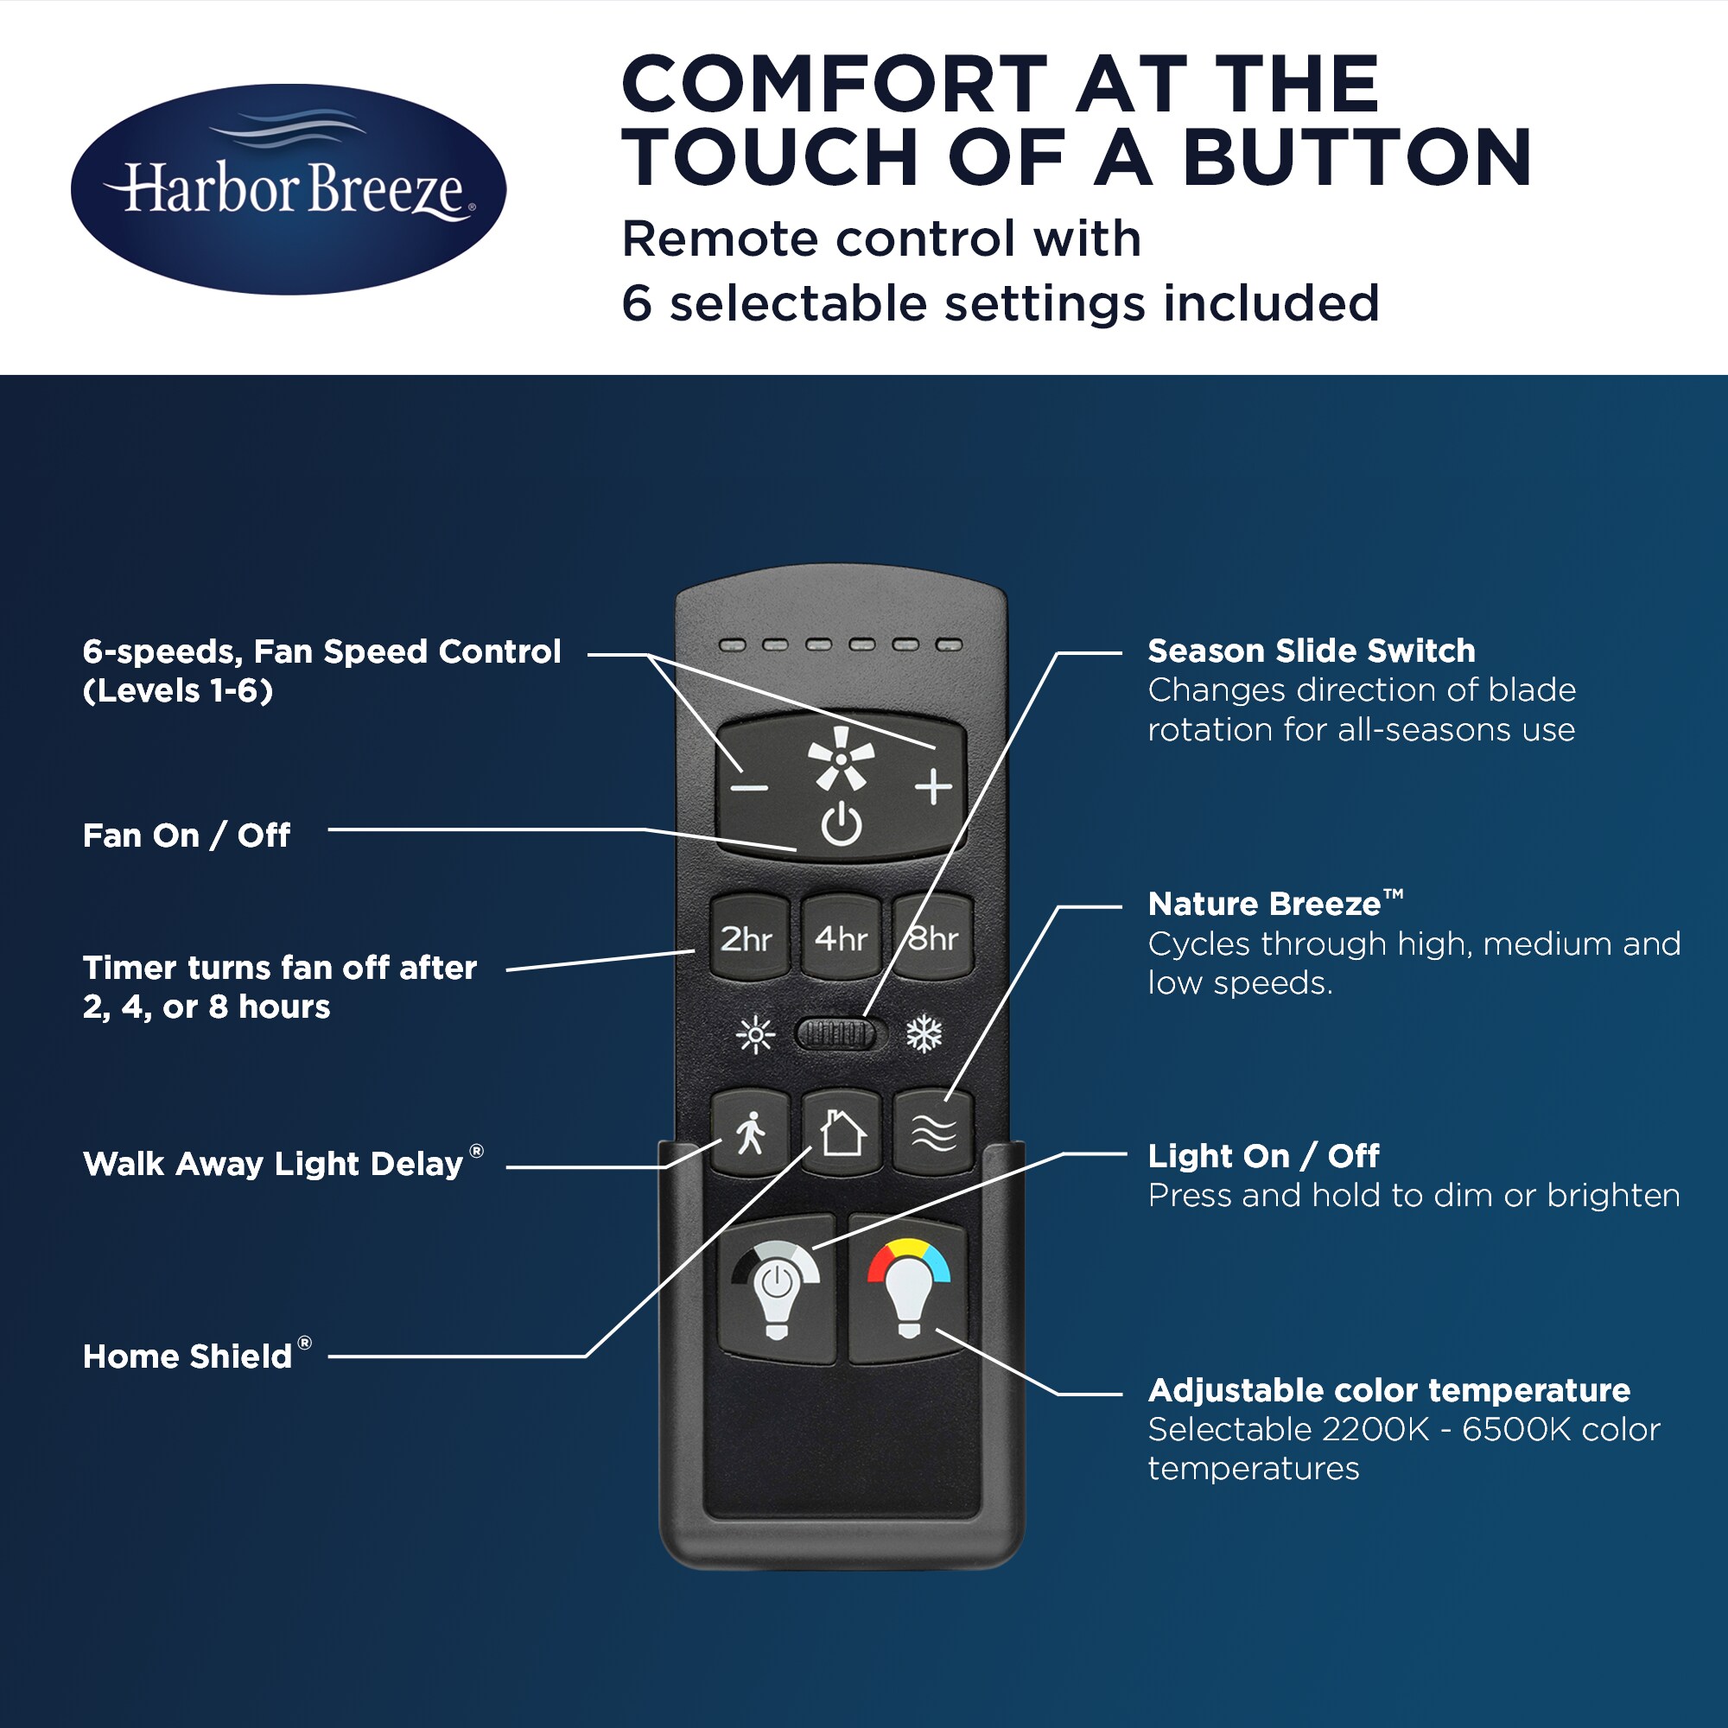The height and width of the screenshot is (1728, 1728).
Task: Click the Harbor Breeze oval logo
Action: [x=288, y=189]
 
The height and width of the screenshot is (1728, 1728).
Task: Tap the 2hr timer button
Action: [x=748, y=937]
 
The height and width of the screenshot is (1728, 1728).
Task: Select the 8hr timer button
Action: [x=933, y=937]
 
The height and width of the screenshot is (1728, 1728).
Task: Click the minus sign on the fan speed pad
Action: [x=748, y=788]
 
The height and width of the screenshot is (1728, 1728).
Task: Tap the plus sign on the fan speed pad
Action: [x=934, y=787]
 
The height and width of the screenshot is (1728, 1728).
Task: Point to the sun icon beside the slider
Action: [x=756, y=1035]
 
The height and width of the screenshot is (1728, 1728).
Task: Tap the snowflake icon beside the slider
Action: [x=924, y=1035]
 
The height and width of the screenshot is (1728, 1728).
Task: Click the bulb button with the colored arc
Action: [x=908, y=1288]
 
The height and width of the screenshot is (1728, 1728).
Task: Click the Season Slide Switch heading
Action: [x=1312, y=651]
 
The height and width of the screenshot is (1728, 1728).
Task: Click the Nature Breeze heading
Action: [x=1275, y=904]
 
